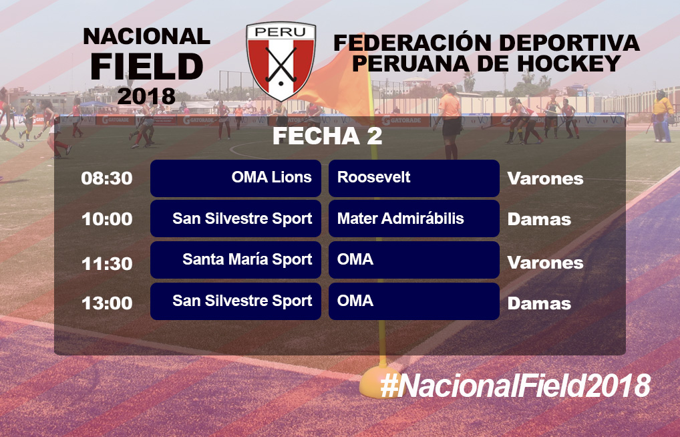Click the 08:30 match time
107,178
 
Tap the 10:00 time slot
107,218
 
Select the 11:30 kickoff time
107,263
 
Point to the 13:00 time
107,303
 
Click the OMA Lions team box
236,178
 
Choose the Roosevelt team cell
414,178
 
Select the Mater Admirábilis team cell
414,218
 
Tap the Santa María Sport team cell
236,260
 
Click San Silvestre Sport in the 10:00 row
236,218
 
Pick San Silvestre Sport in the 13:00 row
236,301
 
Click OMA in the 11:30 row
414,260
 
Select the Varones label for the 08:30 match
545,178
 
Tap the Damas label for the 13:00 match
539,303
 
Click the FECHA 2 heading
327,136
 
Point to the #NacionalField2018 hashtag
515,386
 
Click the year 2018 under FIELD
146,96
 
